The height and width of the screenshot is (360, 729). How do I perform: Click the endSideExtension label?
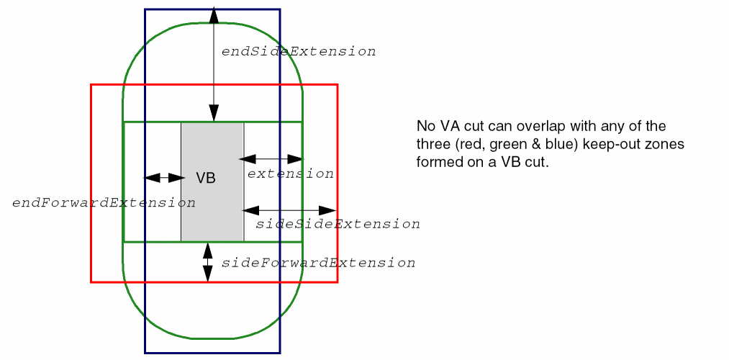[298, 52]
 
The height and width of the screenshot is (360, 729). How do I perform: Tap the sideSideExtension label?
[338, 224]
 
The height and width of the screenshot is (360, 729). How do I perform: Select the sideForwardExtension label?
[318, 263]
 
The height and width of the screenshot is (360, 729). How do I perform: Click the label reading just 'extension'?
[290, 174]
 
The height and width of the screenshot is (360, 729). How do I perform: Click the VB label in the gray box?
[206, 179]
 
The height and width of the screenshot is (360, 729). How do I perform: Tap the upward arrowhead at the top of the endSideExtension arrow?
[214, 14]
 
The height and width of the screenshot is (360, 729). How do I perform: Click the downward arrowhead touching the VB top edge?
[214, 113]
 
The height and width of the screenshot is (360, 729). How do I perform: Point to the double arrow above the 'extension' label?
[274, 158]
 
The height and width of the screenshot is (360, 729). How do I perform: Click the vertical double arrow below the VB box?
[208, 262]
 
